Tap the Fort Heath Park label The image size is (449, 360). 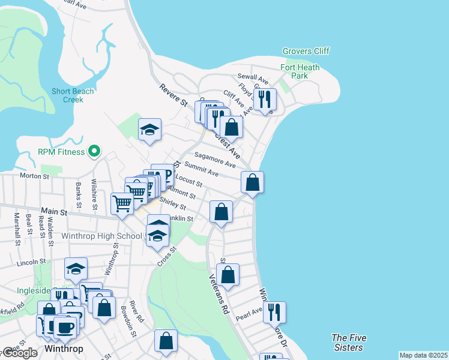click(x=300, y=71)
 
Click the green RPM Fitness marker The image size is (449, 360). click(x=94, y=152)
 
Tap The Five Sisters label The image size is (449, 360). click(x=348, y=343)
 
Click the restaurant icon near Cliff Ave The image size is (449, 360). click(x=265, y=99)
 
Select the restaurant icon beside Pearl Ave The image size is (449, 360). click(x=274, y=311)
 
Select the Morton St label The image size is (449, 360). click(x=34, y=176)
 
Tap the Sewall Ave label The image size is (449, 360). click(x=253, y=77)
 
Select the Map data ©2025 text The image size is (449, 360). click(x=423, y=355)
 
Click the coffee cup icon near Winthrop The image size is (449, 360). click(x=65, y=327)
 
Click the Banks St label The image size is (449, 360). click(x=78, y=192)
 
